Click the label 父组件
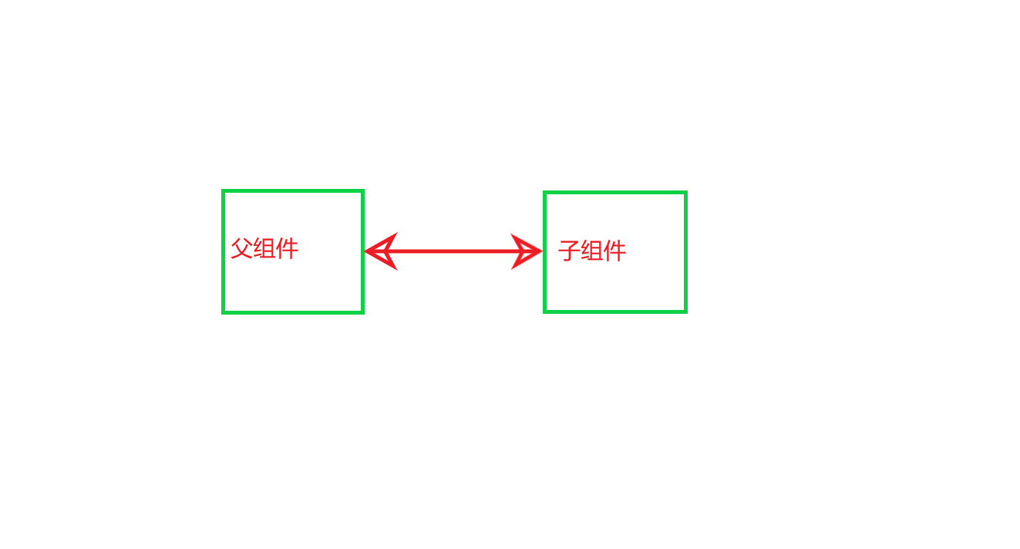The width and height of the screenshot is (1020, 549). [264, 249]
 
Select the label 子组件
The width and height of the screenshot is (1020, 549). [592, 251]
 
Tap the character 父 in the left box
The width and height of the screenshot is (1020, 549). [242, 249]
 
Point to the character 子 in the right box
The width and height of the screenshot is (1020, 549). [569, 251]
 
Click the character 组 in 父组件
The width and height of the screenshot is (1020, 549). [264, 249]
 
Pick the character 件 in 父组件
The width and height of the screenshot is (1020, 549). [287, 249]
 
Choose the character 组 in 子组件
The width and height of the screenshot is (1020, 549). [592, 251]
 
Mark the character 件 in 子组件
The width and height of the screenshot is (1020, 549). [614, 251]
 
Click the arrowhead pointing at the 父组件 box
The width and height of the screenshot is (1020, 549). [379, 251]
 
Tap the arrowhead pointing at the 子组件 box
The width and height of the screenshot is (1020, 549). [528, 251]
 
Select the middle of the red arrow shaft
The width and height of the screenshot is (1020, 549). [454, 251]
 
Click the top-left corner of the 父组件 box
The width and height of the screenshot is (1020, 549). [224, 191]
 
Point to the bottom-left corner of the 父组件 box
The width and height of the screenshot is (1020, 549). [224, 312]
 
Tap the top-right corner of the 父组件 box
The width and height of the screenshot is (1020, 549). [362, 191]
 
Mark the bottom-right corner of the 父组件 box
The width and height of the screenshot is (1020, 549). [362, 312]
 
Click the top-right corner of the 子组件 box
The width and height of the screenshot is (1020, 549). [685, 193]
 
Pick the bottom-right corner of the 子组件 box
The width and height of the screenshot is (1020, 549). [685, 311]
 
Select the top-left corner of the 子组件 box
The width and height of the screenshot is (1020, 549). [545, 193]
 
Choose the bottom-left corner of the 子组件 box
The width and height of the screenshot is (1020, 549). [545, 311]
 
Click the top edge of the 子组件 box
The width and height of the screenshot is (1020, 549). [615, 193]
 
